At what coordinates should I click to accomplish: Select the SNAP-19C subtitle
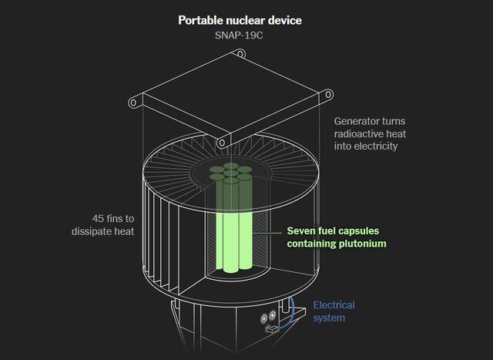pos(246,35)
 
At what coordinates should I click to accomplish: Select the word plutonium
pos(361,244)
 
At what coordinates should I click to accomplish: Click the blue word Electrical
pos(334,305)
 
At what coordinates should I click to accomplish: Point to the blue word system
pos(330,318)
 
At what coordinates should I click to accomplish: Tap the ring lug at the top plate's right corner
pos(329,93)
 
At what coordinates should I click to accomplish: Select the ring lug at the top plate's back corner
pos(240,54)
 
